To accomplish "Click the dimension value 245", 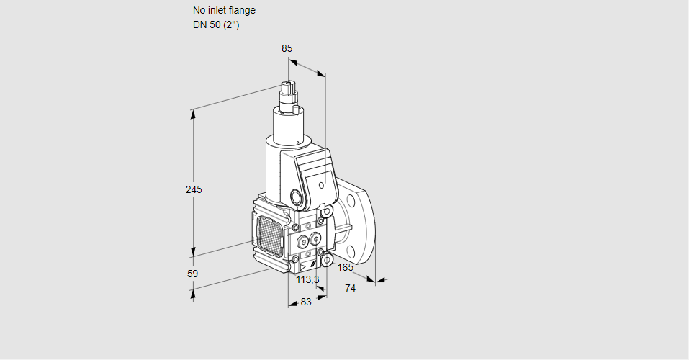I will pyautogui.click(x=193, y=189).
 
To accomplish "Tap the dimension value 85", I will pyautogui.click(x=287, y=48).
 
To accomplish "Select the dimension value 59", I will pyautogui.click(x=192, y=274).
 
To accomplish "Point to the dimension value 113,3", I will pyautogui.click(x=307, y=279).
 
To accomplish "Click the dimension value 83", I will pyautogui.click(x=306, y=302).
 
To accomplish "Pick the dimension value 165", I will pyautogui.click(x=345, y=268).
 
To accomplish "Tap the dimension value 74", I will pyautogui.click(x=351, y=288).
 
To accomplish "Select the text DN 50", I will pyautogui.click(x=206, y=25).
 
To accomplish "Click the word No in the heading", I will pyautogui.click(x=199, y=11).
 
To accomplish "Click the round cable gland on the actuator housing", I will pyautogui.click(x=296, y=197).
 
